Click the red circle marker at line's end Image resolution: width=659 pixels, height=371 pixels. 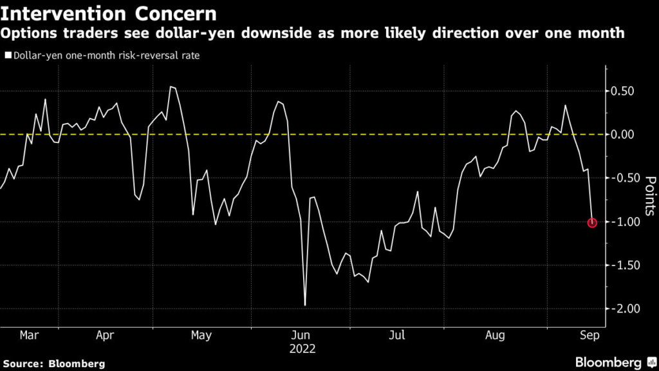pyautogui.click(x=592, y=223)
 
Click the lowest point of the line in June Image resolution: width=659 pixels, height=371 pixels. pyautogui.click(x=304, y=305)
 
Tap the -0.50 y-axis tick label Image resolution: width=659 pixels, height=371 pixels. pyautogui.click(x=625, y=178)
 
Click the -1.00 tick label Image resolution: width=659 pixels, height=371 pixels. pyautogui.click(x=625, y=222)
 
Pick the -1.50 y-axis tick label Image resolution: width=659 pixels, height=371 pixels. pyautogui.click(x=625, y=265)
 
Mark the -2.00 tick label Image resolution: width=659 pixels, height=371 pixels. pyautogui.click(x=625, y=309)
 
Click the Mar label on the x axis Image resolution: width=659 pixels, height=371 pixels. pyautogui.click(x=30, y=336)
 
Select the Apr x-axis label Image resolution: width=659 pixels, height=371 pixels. pyautogui.click(x=105, y=336)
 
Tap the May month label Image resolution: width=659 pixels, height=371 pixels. pyautogui.click(x=201, y=336)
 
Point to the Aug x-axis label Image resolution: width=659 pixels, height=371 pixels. pyautogui.click(x=494, y=336)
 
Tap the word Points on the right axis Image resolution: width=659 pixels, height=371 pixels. pyautogui.click(x=649, y=196)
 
